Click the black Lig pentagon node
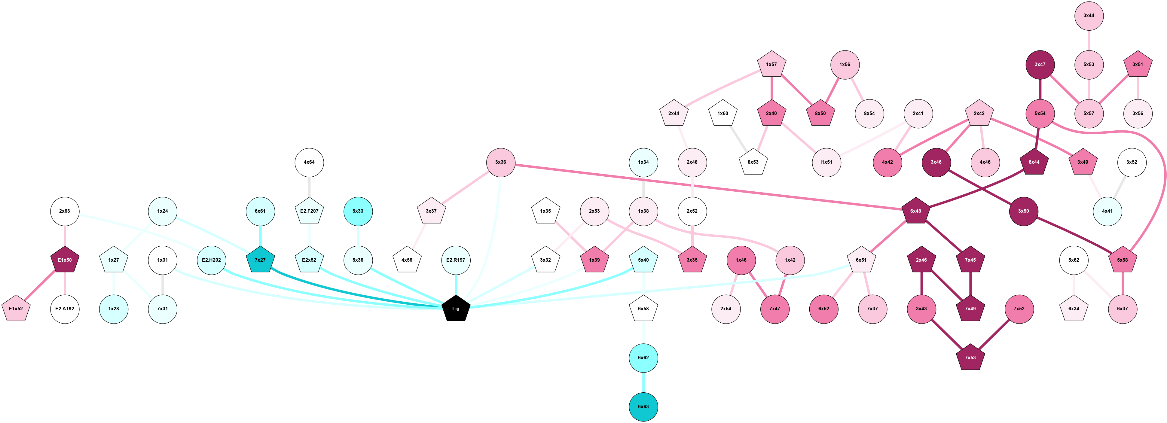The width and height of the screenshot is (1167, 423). [x=456, y=309]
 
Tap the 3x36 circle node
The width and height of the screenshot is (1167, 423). [x=501, y=162]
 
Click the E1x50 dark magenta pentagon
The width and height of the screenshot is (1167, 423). [x=65, y=260]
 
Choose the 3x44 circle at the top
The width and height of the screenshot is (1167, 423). [x=1089, y=15]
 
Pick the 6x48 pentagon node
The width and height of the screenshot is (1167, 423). [x=915, y=211]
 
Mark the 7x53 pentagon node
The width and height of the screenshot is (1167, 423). [x=970, y=358]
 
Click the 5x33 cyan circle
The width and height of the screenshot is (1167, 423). [x=358, y=211]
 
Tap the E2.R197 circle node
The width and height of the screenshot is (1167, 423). [x=456, y=260]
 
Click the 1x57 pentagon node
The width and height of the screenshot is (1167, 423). [x=771, y=64]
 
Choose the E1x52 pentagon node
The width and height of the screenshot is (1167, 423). [x=16, y=309]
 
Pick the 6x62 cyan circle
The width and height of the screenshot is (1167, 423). [x=643, y=358]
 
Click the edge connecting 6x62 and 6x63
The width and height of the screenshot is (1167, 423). [x=643, y=382]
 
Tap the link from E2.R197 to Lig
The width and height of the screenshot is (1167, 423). [x=456, y=285]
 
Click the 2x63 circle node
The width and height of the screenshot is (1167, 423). [x=65, y=211]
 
